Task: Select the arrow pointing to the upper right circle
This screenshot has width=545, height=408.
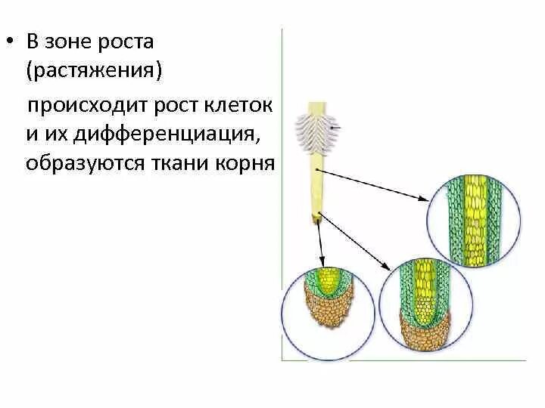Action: [x=378, y=186]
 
